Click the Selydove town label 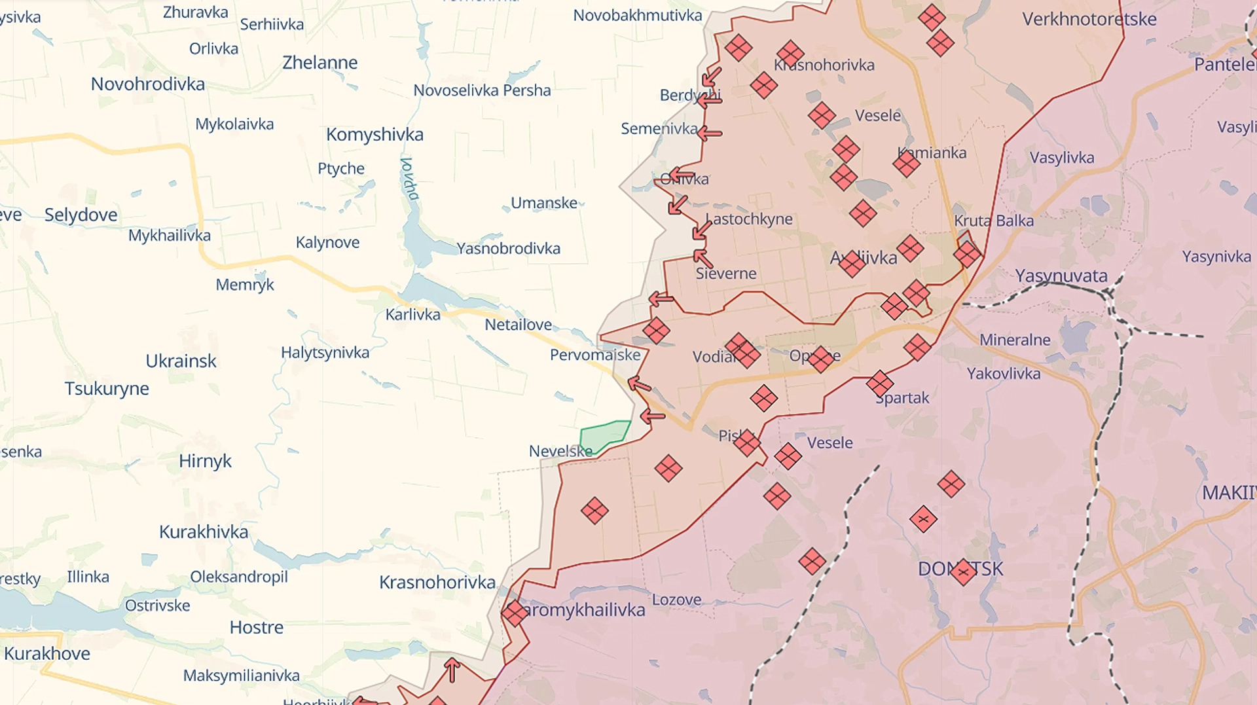tap(81, 215)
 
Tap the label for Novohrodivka tap(147, 84)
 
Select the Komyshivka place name tap(374, 134)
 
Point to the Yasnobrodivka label tap(508, 248)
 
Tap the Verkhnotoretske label tap(1089, 19)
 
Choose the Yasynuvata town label tap(1061, 276)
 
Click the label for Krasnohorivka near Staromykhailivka tap(437, 582)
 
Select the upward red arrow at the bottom tap(452, 670)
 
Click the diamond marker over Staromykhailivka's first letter tap(515, 613)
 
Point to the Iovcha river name tap(410, 178)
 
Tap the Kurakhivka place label tap(204, 532)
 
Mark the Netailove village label tap(518, 325)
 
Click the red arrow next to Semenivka tap(710, 134)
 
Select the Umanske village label tap(544, 203)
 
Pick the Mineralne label tap(1014, 340)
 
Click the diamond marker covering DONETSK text tap(963, 571)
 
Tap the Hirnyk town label tap(205, 461)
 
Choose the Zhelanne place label tap(319, 63)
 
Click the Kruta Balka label tap(993, 221)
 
